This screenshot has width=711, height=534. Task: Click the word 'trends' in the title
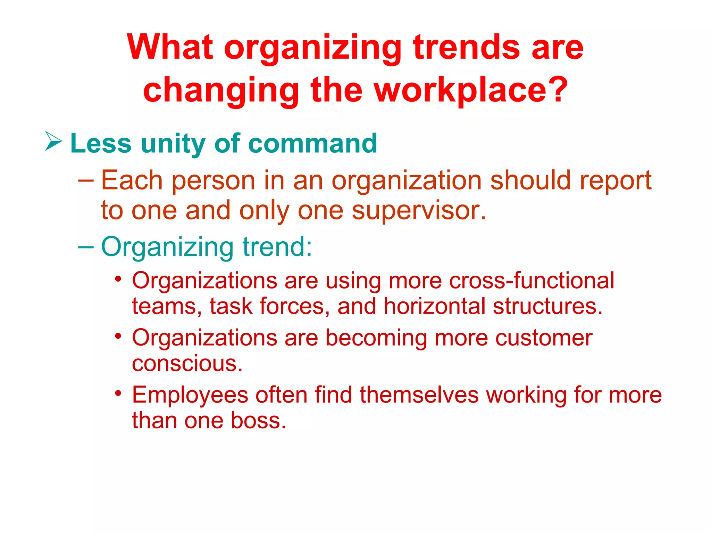click(467, 48)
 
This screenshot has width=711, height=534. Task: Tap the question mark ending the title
click(558, 90)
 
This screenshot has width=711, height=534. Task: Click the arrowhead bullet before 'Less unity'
click(53, 141)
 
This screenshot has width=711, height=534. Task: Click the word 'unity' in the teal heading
click(173, 144)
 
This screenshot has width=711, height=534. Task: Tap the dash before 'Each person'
click(86, 180)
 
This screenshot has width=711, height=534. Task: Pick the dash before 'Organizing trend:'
click(86, 247)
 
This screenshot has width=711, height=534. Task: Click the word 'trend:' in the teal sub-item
click(277, 247)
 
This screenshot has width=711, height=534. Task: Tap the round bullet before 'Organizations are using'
click(118, 279)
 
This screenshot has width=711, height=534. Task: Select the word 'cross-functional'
click(532, 281)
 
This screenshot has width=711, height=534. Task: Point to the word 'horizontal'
click(434, 306)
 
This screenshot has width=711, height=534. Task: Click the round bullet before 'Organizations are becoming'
click(118, 336)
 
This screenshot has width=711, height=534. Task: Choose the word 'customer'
click(544, 338)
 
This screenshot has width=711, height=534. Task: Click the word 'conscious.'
click(187, 364)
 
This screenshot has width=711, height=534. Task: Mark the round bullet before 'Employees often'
click(118, 393)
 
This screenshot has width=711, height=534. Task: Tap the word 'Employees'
click(190, 395)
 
